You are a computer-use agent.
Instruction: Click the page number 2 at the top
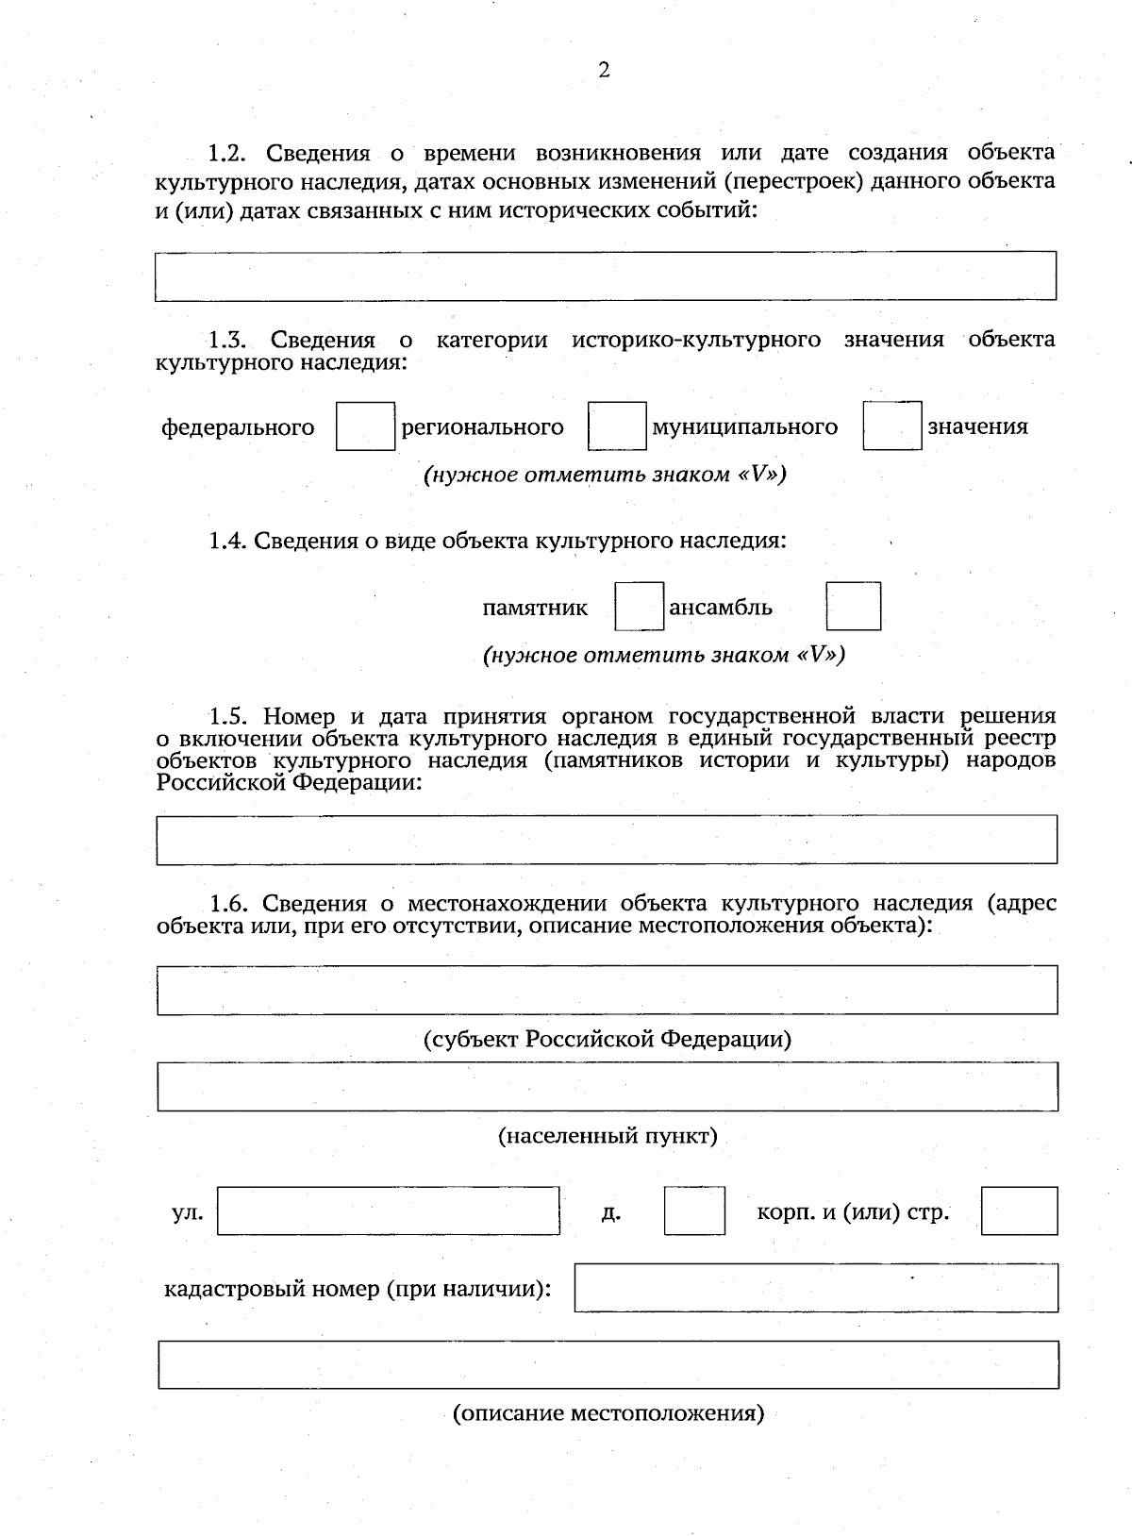coord(604,71)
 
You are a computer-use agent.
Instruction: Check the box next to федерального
coord(365,426)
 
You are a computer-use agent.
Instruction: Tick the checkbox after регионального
coord(617,426)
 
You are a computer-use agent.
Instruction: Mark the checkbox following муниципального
coord(891,426)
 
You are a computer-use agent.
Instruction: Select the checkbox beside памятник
coord(640,607)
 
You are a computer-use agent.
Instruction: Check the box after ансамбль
coord(854,607)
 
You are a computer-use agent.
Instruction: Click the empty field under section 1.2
coord(605,275)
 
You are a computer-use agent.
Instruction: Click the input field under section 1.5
coord(607,840)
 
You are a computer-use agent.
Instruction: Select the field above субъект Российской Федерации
coord(607,990)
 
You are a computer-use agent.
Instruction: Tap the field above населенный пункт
coord(607,1086)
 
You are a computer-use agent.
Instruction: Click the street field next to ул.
coord(388,1210)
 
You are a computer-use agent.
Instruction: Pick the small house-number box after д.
coord(694,1210)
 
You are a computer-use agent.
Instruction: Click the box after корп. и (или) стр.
coord(1019,1210)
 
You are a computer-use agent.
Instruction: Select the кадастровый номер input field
coord(816,1288)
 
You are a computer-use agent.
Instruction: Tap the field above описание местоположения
coord(608,1364)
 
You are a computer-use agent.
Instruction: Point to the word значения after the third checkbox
coord(977,426)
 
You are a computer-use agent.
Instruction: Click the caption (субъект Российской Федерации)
coord(607,1039)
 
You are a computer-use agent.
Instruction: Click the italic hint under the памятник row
coord(663,654)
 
